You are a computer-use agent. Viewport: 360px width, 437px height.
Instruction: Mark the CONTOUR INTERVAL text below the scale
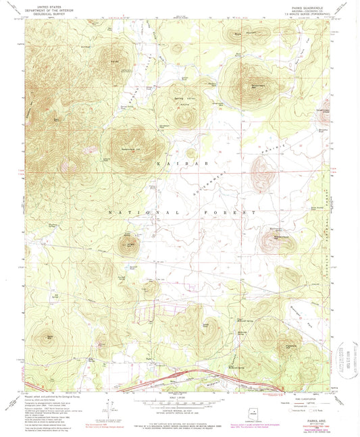[180, 411]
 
